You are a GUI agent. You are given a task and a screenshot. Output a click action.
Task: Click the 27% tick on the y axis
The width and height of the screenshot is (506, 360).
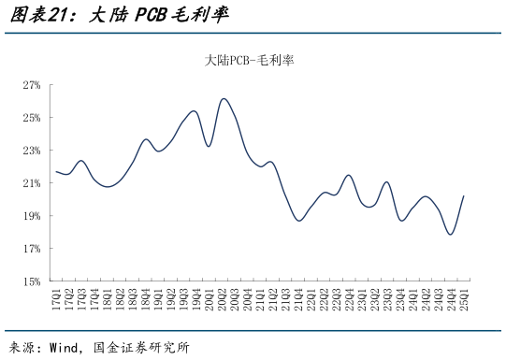[x=32, y=85]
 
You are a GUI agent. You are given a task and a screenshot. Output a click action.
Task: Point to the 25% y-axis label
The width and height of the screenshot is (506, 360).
[x=32, y=118]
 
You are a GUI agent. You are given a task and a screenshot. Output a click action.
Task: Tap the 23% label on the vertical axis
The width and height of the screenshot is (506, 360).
[x=32, y=151]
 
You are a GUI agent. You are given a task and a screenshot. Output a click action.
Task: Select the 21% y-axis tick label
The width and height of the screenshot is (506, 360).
[x=32, y=183]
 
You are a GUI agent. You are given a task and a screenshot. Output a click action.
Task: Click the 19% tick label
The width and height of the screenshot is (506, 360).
[x=32, y=216]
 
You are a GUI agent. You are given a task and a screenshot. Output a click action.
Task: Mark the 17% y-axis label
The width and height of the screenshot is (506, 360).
[x=32, y=249]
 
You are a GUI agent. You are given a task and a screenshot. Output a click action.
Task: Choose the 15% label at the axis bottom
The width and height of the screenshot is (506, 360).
[x=32, y=281]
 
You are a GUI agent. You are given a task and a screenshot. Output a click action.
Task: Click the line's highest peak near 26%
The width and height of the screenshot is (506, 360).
[x=224, y=99]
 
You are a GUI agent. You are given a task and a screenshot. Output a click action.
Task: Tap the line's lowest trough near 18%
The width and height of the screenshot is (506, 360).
[x=451, y=235]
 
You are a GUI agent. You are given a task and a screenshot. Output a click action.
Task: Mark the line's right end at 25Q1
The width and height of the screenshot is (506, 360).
[x=464, y=196]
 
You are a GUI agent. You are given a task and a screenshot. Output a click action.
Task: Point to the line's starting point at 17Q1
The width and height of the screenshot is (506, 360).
[x=56, y=171]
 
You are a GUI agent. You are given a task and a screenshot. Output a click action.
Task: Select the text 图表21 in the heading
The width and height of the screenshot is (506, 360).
[x=34, y=16]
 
